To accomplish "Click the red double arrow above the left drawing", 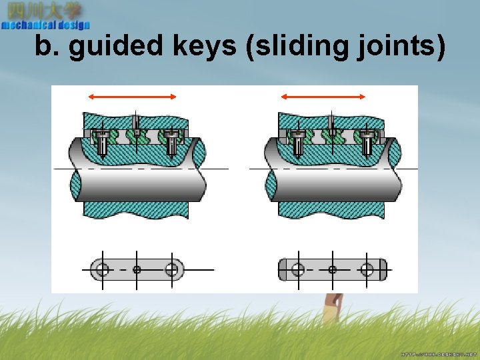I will click(x=133, y=97).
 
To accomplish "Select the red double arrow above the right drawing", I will click(x=323, y=97).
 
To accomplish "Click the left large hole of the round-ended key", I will click(x=102, y=269).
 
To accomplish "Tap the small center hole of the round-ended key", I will click(x=137, y=269).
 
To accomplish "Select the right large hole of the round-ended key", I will click(x=172, y=269).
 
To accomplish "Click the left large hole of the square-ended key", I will click(x=298, y=269).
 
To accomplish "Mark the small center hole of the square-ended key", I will click(x=332, y=269).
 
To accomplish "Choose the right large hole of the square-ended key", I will click(x=367, y=269).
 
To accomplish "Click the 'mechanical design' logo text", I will click(x=45, y=25).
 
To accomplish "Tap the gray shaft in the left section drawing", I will click(x=140, y=185).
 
